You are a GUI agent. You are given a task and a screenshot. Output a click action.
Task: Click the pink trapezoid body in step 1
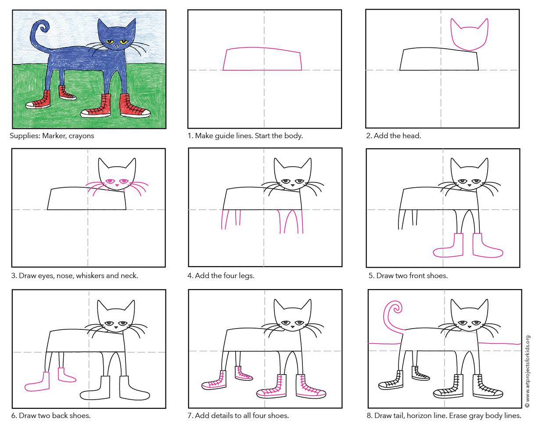[262, 59]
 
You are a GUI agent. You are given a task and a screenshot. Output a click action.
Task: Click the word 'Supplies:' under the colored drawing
[25, 136]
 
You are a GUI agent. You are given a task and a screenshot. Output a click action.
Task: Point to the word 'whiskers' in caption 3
[78, 276]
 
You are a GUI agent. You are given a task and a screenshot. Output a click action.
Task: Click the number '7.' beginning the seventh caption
[190, 415]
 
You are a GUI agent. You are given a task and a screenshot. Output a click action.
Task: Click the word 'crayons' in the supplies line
[81, 136]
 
